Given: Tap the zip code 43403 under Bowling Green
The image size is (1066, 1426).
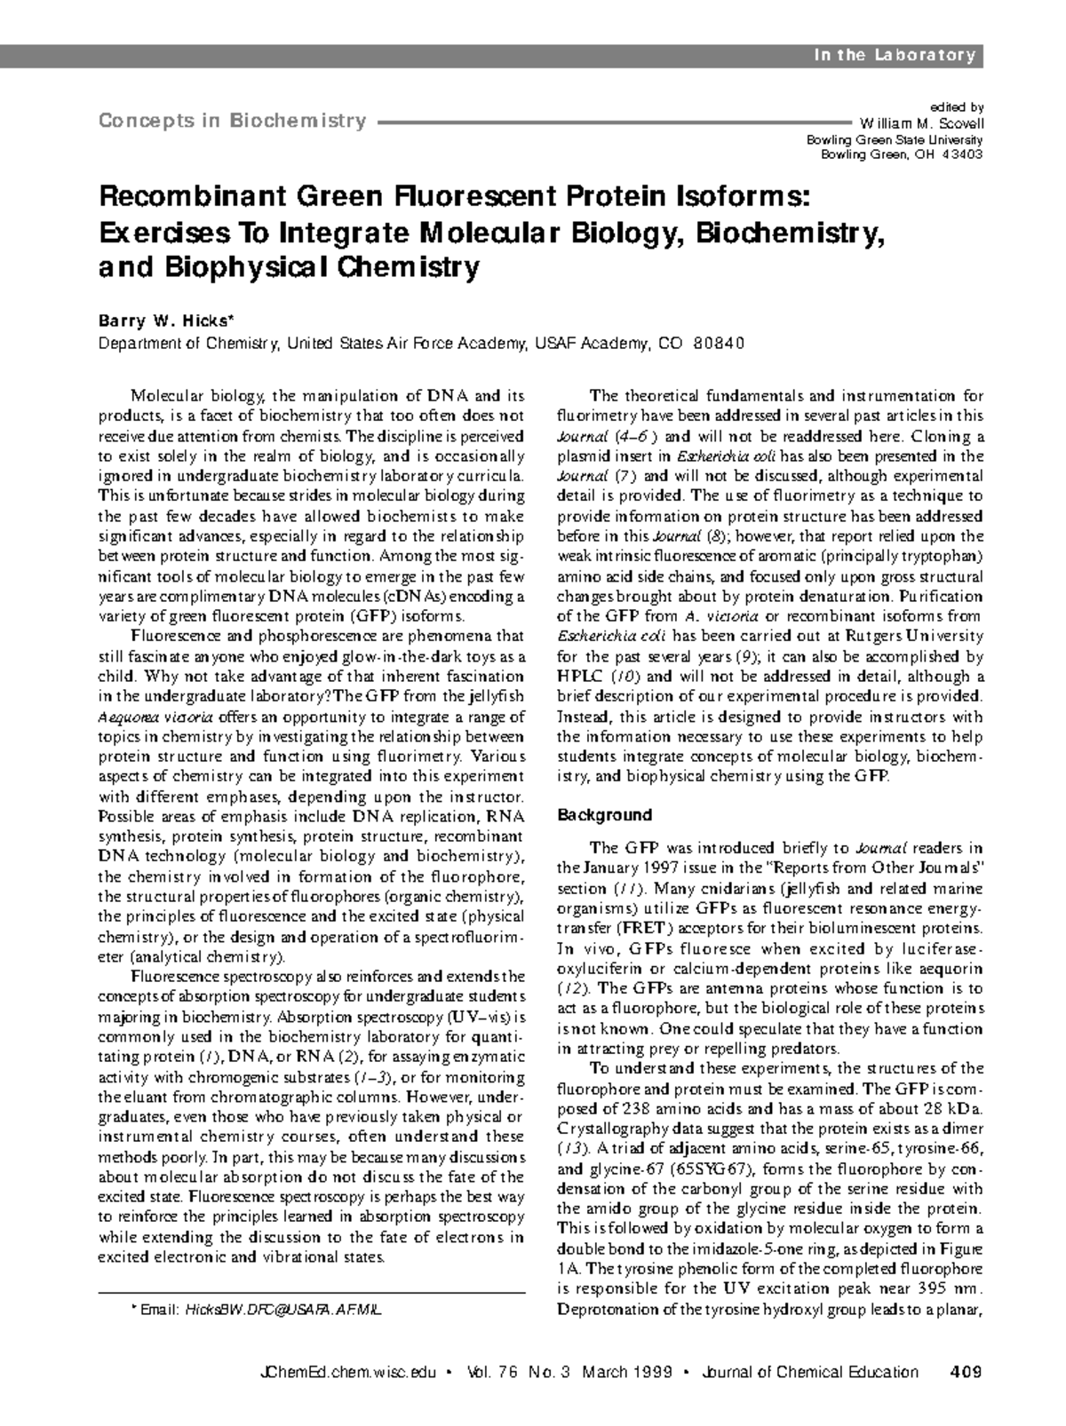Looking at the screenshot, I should [961, 154].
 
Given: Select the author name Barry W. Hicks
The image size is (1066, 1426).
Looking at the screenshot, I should [165, 321].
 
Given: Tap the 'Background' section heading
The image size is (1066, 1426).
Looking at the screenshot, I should [604, 815].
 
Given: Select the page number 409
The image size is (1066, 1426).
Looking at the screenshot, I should [965, 1372].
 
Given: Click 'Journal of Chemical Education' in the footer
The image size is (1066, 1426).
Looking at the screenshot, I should [809, 1372].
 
